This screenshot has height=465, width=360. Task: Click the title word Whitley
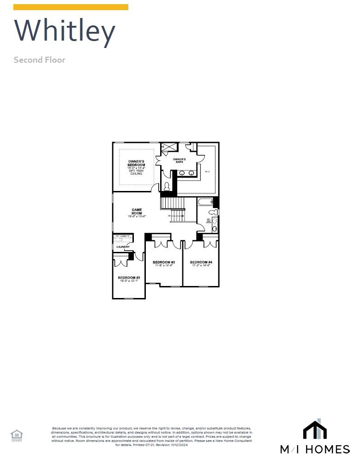(x=65, y=31)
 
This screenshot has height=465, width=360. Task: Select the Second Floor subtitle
(x=39, y=60)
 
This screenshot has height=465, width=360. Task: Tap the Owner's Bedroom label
(x=136, y=163)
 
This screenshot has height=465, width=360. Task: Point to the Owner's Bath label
(x=180, y=160)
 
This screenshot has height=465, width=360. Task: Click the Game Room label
(x=137, y=211)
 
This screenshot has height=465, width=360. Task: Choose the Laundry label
(x=123, y=247)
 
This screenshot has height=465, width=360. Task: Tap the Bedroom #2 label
(x=128, y=278)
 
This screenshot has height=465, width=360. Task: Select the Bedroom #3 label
(x=163, y=262)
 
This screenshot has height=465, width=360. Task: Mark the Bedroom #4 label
(x=201, y=262)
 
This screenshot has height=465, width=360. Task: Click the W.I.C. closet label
(x=207, y=172)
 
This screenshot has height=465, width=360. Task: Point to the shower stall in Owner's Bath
(x=168, y=147)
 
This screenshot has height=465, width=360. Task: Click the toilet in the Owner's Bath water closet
(x=167, y=187)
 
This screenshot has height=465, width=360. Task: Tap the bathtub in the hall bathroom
(x=205, y=202)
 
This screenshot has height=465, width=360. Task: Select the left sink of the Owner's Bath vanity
(x=182, y=173)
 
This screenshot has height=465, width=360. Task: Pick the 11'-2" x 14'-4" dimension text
(x=201, y=266)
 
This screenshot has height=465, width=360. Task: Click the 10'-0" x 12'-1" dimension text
(x=128, y=281)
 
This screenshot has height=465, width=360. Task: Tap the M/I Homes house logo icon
(x=315, y=430)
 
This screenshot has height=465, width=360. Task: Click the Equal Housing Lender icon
(x=17, y=435)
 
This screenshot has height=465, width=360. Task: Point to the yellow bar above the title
(x=71, y=7)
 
